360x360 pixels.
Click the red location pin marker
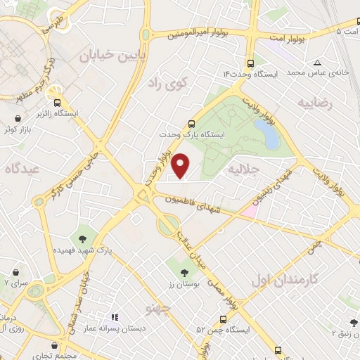[181, 165]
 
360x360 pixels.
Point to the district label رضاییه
[314, 103]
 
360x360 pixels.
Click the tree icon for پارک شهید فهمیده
[84, 235]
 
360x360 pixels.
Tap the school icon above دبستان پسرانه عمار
[116, 317]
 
